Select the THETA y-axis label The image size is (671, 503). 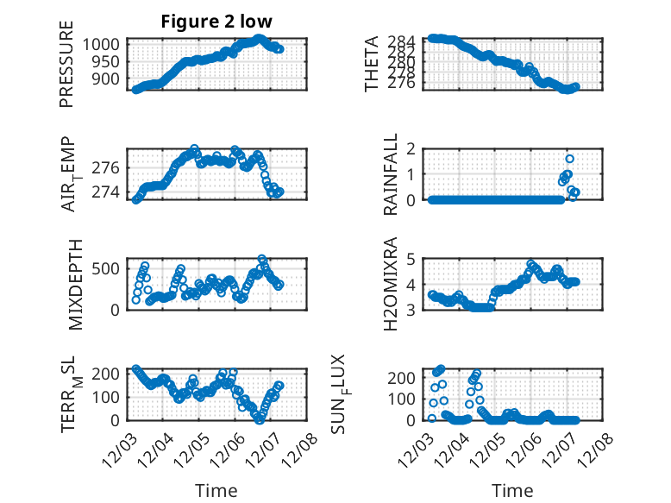coord(372,64)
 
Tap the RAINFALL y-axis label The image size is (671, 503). coord(391,173)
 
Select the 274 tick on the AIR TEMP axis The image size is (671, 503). coord(111,192)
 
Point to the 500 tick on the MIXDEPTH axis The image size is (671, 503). coord(111,267)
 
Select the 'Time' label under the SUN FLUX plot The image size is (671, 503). coord(512,490)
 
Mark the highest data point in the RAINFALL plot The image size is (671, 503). coord(570,159)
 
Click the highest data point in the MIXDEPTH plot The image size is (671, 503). coord(262,259)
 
